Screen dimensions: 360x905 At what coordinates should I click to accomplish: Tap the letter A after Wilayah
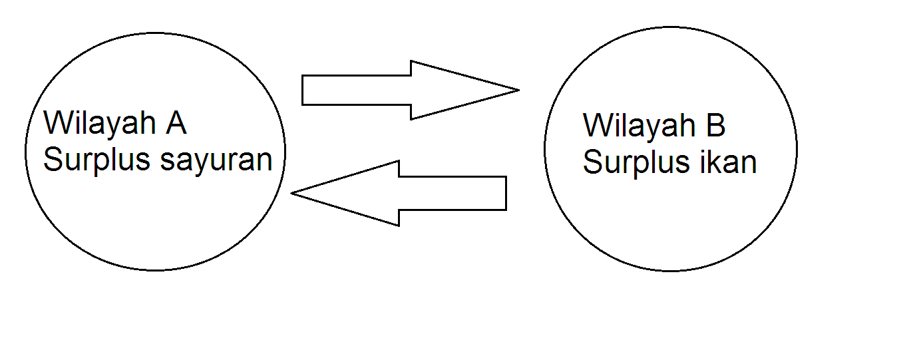click(177, 123)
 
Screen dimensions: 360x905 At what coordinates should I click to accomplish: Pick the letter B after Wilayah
click(717, 126)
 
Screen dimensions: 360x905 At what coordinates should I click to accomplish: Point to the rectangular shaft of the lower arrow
click(452, 194)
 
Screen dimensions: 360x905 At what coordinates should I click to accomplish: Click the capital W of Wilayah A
click(57, 123)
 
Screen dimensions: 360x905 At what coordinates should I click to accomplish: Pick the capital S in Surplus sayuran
click(53, 160)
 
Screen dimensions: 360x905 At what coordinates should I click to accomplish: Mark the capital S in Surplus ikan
click(592, 163)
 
